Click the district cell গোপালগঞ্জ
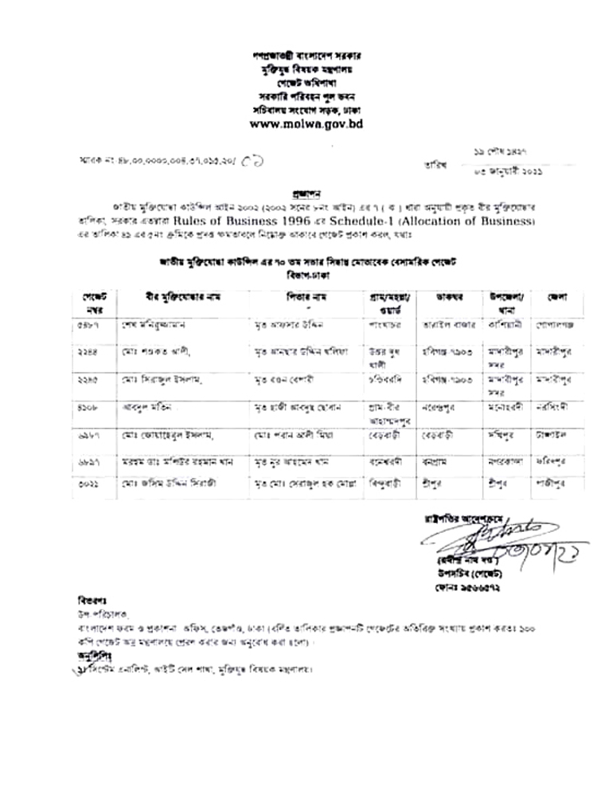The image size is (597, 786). point(552,325)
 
